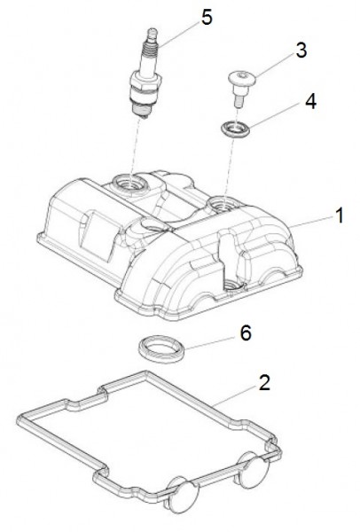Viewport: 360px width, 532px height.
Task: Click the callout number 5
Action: (x=207, y=17)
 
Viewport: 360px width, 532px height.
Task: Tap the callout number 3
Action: (x=301, y=51)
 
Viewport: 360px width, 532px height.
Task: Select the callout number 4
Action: (x=311, y=101)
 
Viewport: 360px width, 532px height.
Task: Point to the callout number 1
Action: (x=340, y=215)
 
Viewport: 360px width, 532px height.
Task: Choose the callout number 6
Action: (x=246, y=332)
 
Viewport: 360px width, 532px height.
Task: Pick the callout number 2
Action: (x=264, y=382)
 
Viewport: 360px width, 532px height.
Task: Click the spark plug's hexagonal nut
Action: (x=145, y=82)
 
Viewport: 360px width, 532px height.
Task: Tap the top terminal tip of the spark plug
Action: (x=153, y=34)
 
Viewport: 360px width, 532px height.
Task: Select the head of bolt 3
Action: (x=241, y=78)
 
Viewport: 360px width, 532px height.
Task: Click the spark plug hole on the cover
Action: (x=130, y=184)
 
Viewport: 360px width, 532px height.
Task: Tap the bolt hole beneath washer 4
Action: (x=221, y=204)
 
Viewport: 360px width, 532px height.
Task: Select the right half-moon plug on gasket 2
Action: (x=254, y=469)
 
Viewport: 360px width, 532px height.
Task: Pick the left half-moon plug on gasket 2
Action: (x=184, y=495)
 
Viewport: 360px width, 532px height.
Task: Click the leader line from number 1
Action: (x=311, y=223)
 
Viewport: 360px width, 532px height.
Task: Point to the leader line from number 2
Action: (x=236, y=395)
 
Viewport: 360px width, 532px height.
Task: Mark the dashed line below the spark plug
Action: (x=136, y=145)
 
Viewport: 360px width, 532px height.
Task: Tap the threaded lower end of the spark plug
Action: (x=142, y=109)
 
